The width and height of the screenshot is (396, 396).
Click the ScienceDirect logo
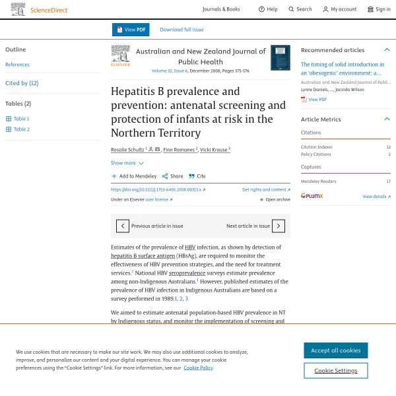pyautogui.click(x=40, y=9)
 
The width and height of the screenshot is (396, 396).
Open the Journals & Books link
pyautogui.click(x=221, y=9)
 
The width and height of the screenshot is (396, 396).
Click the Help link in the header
pyautogui.click(x=268, y=9)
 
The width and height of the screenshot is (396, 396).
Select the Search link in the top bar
pyautogui.click(x=300, y=9)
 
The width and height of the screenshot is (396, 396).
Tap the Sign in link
pyautogui.click(x=379, y=9)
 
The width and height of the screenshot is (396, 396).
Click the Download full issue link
pyautogui.click(x=181, y=30)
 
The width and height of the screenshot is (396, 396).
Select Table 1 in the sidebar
pyautogui.click(x=22, y=119)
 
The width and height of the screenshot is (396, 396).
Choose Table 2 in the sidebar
pyautogui.click(x=22, y=129)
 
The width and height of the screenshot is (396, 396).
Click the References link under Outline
pyautogui.click(x=17, y=65)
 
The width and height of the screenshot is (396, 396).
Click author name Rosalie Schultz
pyautogui.click(x=127, y=150)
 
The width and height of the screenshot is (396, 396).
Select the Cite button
pyautogui.click(x=197, y=176)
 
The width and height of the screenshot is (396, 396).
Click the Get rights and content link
pyautogui.click(x=265, y=189)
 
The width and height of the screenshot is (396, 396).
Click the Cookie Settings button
pyautogui.click(x=335, y=370)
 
